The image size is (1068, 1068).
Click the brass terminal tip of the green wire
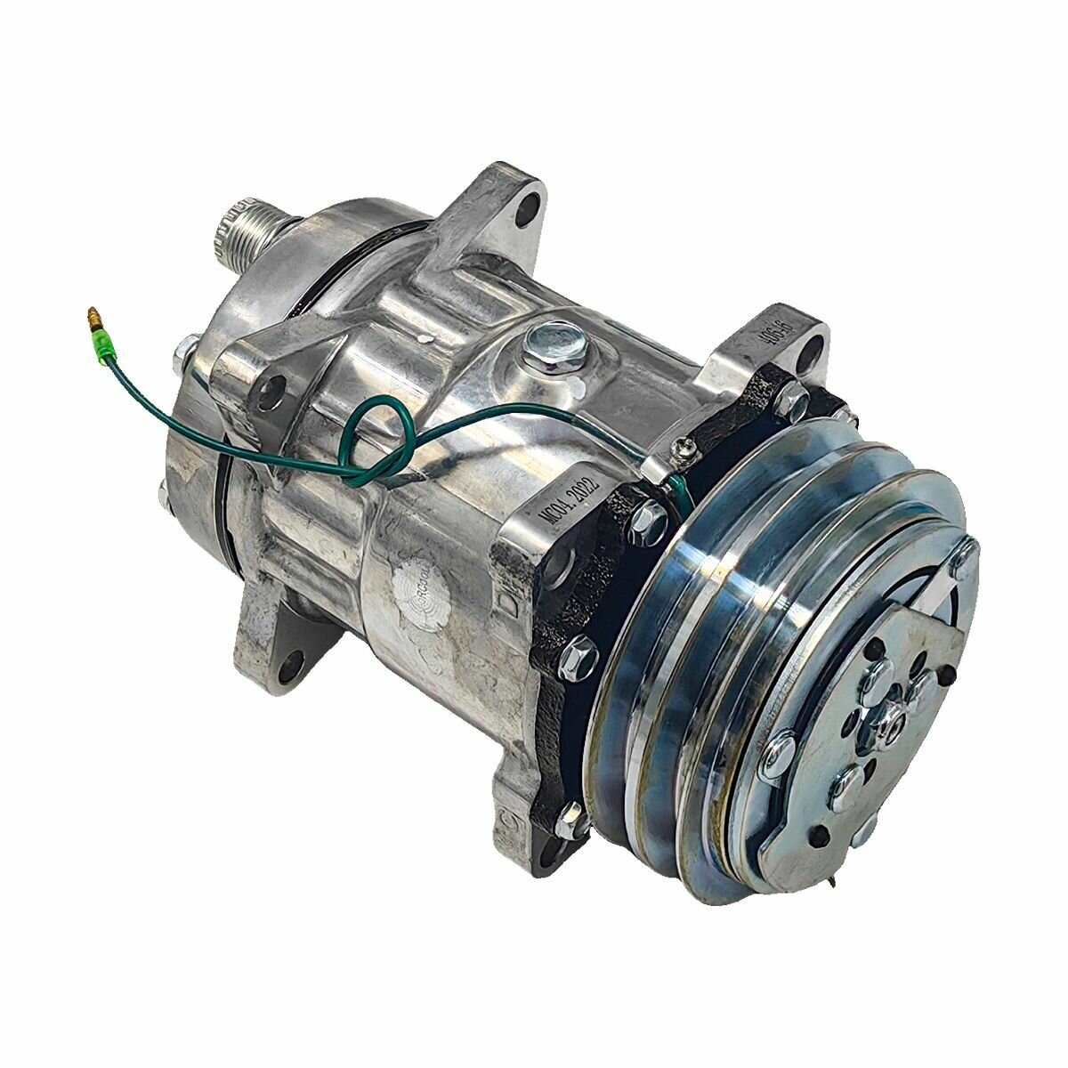coord(91,315)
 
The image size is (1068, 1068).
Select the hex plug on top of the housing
coord(542,343)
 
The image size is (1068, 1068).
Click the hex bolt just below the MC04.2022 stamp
coord(646,514)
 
